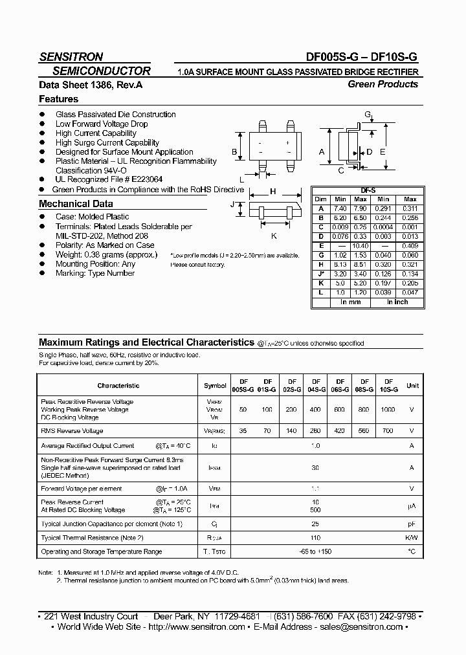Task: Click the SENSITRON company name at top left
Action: point(71,56)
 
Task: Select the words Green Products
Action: point(383,84)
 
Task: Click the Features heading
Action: point(58,99)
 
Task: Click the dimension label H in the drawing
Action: point(273,191)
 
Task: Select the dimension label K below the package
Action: point(274,236)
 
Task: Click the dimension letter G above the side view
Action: point(367,115)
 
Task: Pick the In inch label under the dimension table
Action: point(397,302)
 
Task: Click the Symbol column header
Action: point(215,386)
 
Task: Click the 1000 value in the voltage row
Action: point(387,410)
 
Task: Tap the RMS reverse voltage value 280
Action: point(316,430)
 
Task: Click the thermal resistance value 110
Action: point(315,538)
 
